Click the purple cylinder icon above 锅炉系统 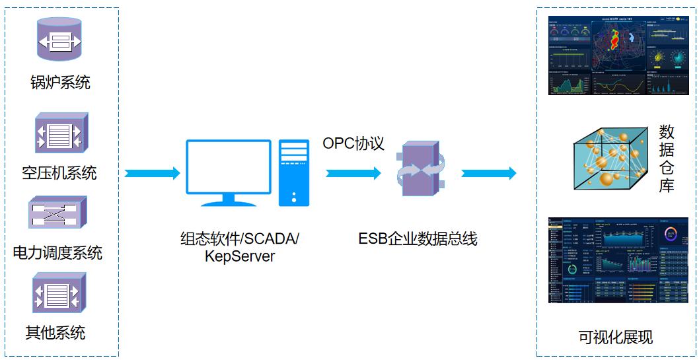point(59,42)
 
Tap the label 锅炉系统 point(60,83)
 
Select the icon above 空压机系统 point(60,133)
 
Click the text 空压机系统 point(59,173)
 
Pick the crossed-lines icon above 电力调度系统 point(58,213)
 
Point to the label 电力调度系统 point(58,252)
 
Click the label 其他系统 point(55,332)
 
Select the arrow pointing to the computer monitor point(152,173)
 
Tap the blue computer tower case point(293,172)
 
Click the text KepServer point(240,256)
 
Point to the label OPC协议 point(353,143)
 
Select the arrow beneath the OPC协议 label point(353,173)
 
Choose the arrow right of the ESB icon point(488,173)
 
